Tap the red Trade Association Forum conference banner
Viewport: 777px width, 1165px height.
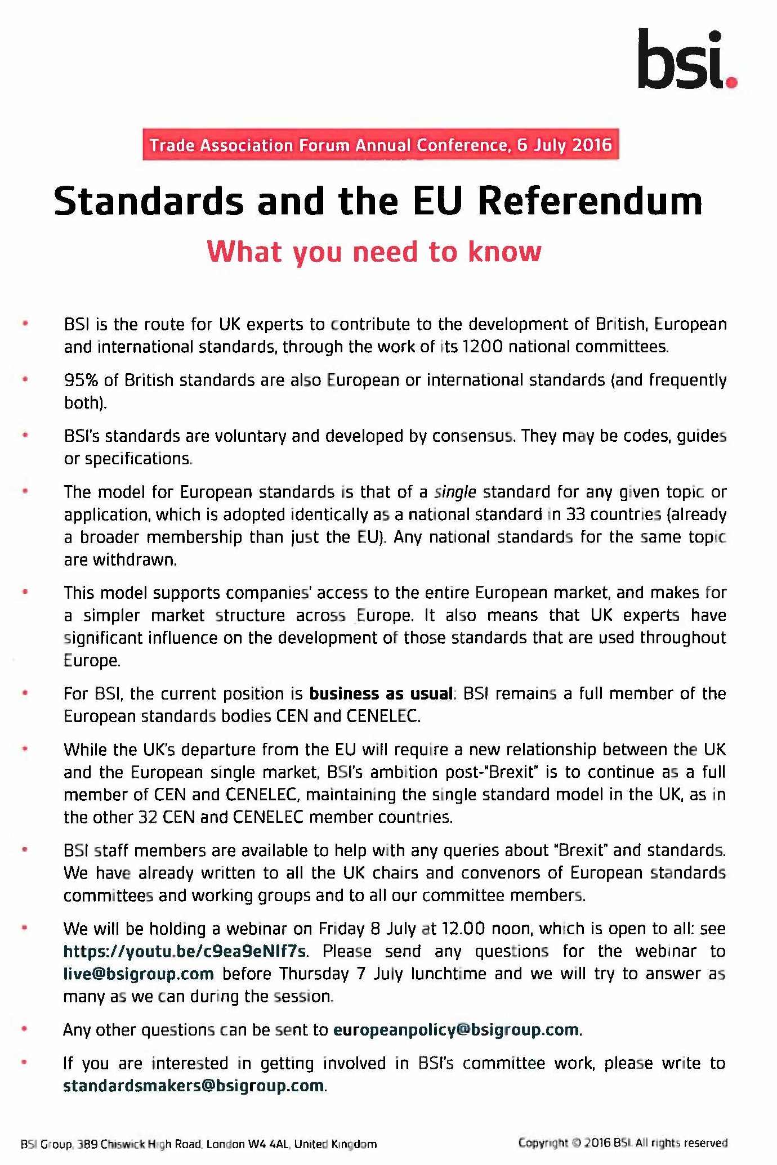381,145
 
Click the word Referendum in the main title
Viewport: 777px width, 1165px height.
590,201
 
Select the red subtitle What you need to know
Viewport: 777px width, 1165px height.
374,252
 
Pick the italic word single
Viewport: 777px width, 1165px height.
455,492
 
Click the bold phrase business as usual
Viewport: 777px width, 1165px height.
381,693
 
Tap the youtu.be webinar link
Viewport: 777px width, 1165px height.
185,951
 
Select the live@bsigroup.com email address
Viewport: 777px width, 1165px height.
139,974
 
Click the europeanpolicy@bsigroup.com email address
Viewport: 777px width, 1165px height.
456,1030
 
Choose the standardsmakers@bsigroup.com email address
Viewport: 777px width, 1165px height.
194,1086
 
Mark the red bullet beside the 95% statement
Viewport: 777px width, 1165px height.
25,380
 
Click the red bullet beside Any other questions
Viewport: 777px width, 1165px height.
25,1029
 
